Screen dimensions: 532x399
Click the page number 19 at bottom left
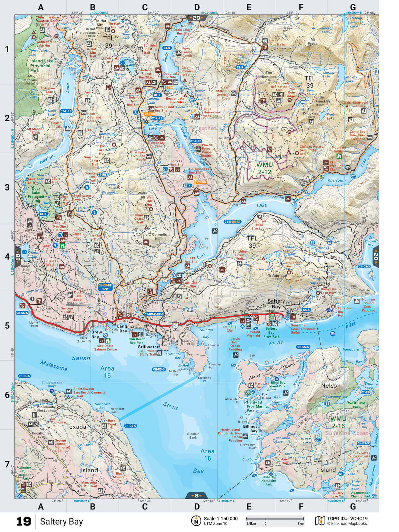(24, 521)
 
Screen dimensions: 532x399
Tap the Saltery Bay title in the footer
(61, 521)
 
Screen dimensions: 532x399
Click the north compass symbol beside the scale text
(196, 521)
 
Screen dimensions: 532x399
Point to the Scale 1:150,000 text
(221, 518)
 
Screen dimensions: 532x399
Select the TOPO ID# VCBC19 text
(347, 518)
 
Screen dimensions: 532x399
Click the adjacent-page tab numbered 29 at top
(197, 18)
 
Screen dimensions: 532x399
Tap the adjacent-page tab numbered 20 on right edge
(376, 257)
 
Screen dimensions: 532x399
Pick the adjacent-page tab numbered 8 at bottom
(197, 495)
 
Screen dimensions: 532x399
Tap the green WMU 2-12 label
(264, 168)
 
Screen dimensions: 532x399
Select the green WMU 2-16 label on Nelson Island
(338, 422)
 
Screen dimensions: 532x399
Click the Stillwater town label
(148, 347)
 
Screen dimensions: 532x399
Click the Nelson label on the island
(331, 386)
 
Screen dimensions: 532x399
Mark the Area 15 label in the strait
(107, 372)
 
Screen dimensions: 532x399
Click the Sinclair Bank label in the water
(193, 435)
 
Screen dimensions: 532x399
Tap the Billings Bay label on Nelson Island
(250, 428)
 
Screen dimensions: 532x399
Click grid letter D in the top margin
(197, 7)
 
